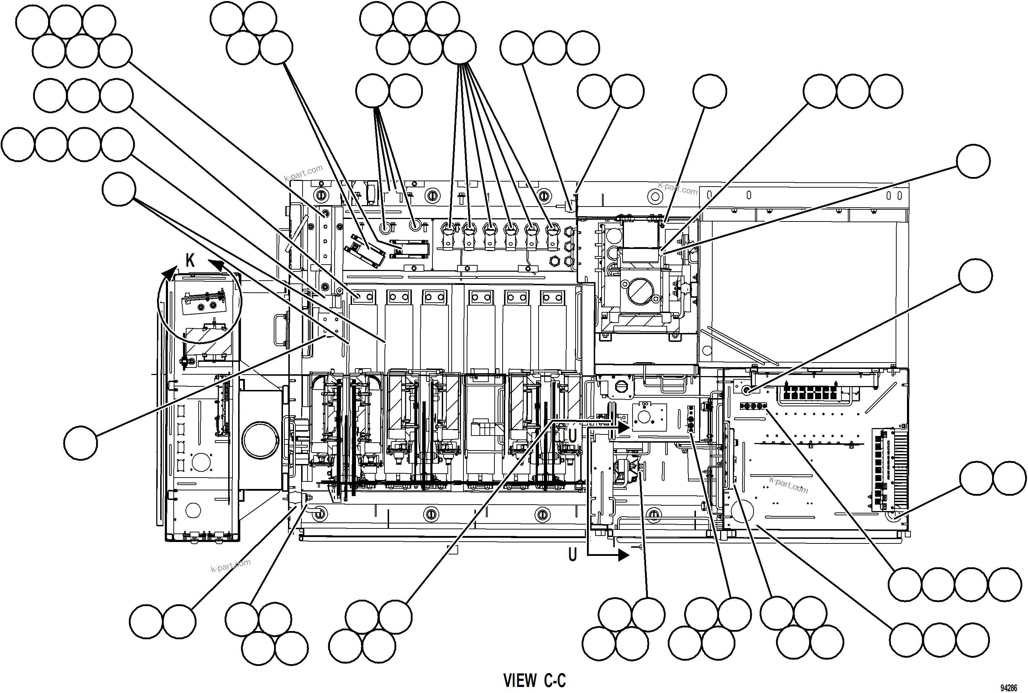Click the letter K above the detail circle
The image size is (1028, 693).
coord(190,261)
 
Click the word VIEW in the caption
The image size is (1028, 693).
coord(520,681)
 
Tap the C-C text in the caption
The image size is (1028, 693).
coord(555,681)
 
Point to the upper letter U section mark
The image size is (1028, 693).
coord(572,436)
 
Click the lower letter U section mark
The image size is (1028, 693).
coord(572,554)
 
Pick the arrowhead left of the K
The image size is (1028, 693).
coord(170,273)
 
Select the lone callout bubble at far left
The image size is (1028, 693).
coord(80,443)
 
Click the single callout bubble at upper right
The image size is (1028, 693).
coord(973,161)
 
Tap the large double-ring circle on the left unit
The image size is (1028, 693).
coord(261,440)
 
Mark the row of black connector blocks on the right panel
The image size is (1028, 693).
coord(809,392)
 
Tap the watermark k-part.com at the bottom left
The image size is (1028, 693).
coord(231,565)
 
